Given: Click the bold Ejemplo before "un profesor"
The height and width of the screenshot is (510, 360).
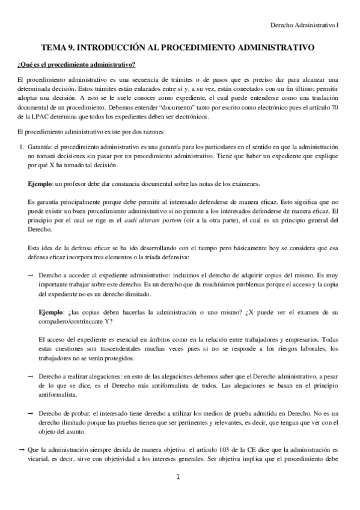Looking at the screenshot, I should (x=40, y=183).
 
